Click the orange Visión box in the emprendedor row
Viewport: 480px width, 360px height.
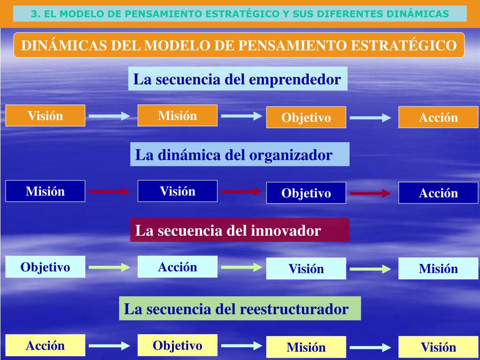[x=45, y=116]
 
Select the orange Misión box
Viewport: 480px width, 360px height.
[x=178, y=116]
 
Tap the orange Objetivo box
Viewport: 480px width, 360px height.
[x=306, y=118]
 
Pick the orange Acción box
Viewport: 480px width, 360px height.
[x=438, y=118]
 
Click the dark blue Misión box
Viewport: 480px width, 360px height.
[x=45, y=191]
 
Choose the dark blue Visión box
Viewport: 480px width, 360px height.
[x=178, y=191]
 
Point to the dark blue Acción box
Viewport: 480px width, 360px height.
[x=438, y=193]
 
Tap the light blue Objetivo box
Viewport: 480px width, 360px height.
[x=45, y=267]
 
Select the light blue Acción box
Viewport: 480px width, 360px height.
[x=178, y=267]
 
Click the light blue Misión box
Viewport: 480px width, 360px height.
[x=438, y=269]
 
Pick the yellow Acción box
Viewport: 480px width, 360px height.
[x=45, y=346]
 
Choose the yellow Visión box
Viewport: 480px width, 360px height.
[x=438, y=347]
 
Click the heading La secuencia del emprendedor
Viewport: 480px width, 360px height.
[x=237, y=79]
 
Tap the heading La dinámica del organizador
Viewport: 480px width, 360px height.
[x=240, y=155]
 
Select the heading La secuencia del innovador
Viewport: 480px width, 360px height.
[x=240, y=230]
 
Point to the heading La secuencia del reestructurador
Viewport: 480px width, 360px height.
[x=240, y=309]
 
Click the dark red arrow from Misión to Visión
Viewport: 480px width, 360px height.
[x=109, y=191]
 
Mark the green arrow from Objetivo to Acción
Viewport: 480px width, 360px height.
[x=109, y=267]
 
